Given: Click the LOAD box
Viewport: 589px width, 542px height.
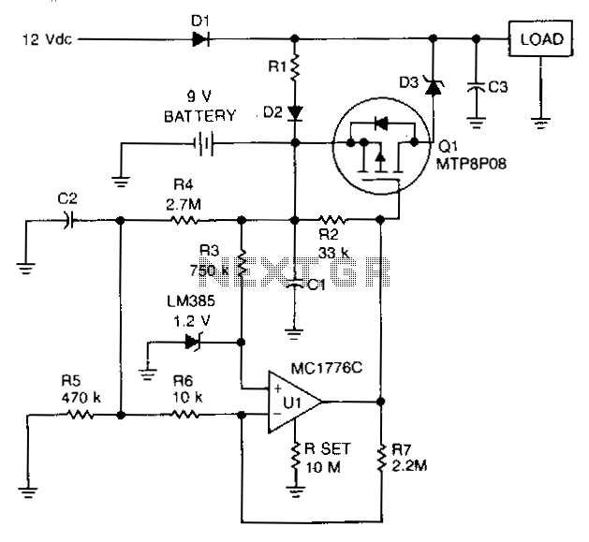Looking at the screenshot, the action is [540, 38].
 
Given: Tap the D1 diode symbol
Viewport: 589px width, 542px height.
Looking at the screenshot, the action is [200, 38].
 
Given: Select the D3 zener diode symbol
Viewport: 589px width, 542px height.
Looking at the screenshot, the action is [434, 85].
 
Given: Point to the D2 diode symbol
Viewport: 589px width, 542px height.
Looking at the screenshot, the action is [295, 113].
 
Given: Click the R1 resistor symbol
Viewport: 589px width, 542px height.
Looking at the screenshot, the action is [295, 67].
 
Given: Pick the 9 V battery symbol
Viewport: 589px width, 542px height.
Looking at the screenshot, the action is [203, 143].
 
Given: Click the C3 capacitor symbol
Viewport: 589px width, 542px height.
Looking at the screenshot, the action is [476, 87].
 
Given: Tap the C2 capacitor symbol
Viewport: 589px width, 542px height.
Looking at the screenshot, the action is [68, 220].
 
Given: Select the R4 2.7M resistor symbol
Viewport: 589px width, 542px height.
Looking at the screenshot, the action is [184, 220].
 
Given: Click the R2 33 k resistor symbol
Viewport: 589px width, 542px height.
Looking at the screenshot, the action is [332, 220].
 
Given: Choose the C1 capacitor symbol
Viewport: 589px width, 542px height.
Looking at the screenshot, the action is [295, 284].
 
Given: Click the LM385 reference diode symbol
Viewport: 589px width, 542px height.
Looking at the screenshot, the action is [194, 343].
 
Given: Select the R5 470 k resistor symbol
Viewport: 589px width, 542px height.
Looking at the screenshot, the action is [80, 415].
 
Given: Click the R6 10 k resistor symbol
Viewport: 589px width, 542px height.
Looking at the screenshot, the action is [184, 415].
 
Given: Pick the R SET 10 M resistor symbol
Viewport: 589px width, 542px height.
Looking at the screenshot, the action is [295, 457].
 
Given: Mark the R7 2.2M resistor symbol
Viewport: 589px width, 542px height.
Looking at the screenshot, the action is [381, 458].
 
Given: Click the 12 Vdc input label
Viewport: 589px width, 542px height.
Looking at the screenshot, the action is [48, 39].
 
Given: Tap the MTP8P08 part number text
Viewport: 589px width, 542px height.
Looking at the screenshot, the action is [471, 164].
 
